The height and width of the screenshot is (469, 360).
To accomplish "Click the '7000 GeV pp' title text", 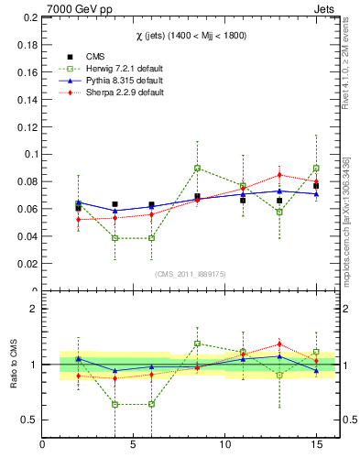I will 46,8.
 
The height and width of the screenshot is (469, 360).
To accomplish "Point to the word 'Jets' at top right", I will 324,8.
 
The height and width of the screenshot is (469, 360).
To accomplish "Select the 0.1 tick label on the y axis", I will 27,154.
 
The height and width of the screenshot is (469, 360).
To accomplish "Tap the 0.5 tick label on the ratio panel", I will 28,420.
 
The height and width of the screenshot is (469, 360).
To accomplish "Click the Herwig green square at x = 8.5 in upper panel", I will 197,168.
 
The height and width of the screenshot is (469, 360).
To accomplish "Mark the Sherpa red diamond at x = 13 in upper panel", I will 279,175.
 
